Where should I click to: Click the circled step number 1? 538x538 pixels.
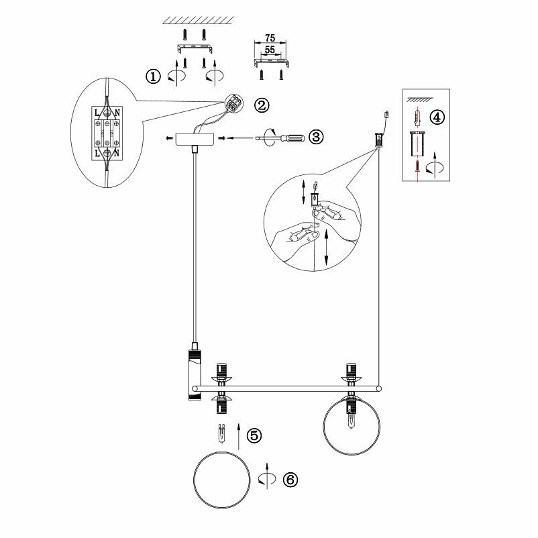click(x=154, y=76)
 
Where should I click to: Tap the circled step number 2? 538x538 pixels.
click(x=261, y=105)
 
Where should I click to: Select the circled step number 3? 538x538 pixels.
click(x=315, y=137)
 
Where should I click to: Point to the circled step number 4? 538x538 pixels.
click(x=437, y=117)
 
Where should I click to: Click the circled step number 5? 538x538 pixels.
click(x=254, y=435)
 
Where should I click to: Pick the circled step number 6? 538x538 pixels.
click(x=290, y=480)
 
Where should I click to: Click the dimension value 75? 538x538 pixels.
click(x=270, y=38)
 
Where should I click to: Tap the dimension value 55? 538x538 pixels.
click(x=270, y=50)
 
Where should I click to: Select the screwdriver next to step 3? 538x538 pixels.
click(x=282, y=138)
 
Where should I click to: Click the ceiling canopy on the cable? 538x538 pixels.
click(x=194, y=139)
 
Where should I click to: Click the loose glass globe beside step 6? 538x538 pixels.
click(x=221, y=480)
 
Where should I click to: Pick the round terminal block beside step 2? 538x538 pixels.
click(x=235, y=104)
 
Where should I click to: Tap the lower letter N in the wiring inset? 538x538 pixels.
click(x=117, y=154)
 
